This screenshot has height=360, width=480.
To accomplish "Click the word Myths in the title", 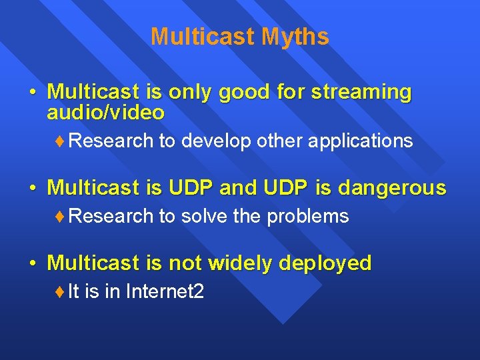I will coord(295,37).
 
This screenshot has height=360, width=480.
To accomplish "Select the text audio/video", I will coord(105,113).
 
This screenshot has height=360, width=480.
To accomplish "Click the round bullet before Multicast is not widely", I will coord(33,264).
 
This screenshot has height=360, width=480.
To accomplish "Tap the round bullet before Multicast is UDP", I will coord(33,189).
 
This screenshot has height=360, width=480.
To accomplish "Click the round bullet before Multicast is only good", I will coord(33,93).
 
